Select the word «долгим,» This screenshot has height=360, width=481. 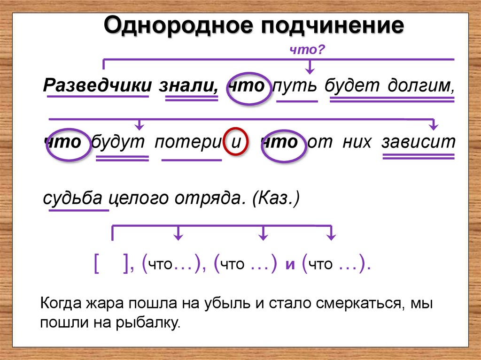[x=421, y=86]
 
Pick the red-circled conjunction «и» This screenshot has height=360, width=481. [x=235, y=142]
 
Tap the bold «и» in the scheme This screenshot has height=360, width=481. [x=290, y=265]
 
